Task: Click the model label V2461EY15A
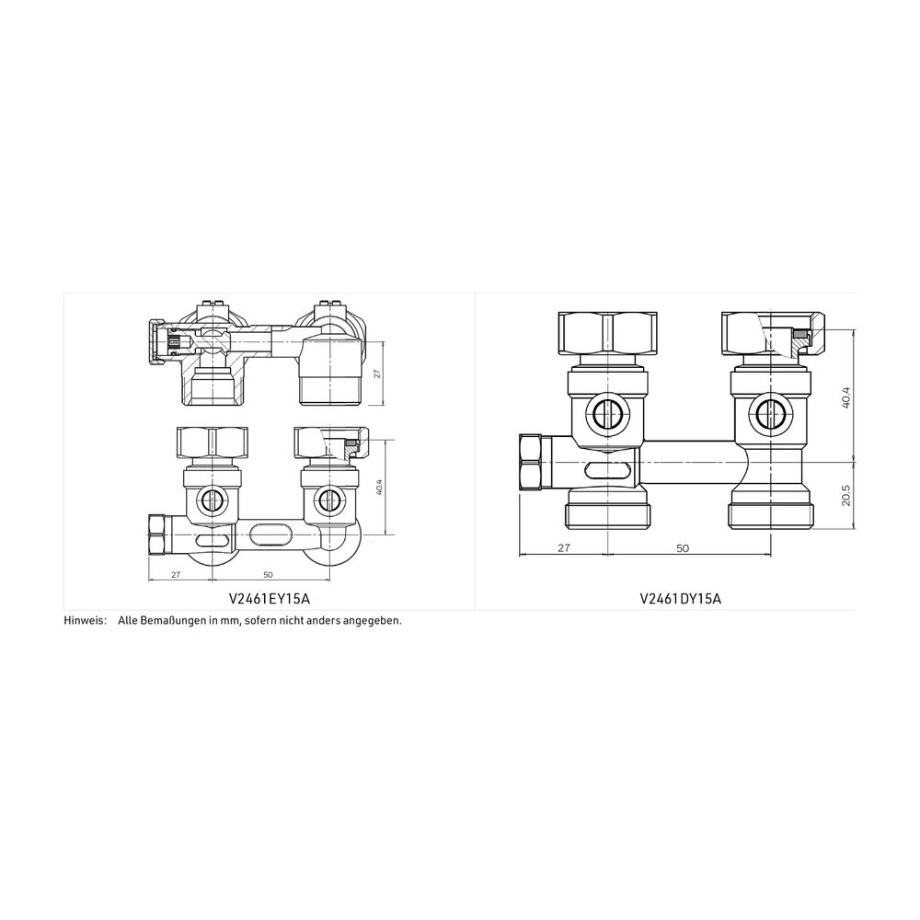tap(269, 599)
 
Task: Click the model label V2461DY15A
tap(680, 599)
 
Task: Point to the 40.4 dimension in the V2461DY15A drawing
tap(845, 398)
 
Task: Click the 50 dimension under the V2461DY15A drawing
tap(683, 548)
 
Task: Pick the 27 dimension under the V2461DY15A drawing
tap(563, 548)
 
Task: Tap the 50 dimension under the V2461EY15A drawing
tap(268, 575)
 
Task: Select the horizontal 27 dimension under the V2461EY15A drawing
tap(176, 575)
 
